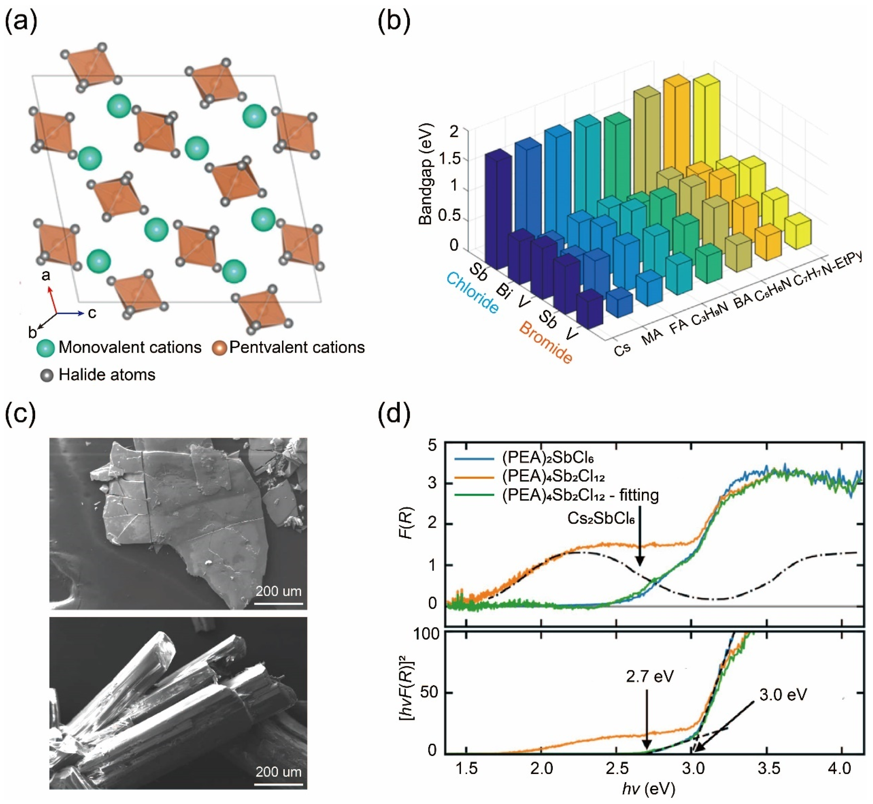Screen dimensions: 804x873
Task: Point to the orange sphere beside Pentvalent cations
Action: click(219, 348)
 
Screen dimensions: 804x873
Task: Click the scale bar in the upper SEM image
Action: click(279, 603)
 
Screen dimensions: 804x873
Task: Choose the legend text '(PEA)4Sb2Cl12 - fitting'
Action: click(580, 495)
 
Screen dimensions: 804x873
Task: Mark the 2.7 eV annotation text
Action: click(650, 676)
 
